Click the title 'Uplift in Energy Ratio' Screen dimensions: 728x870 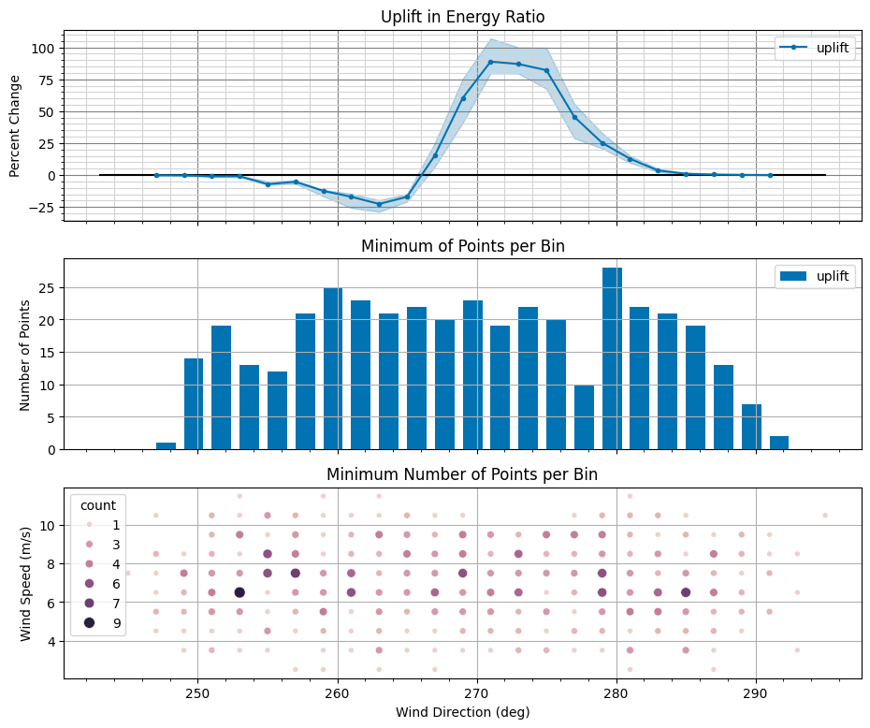tap(462, 17)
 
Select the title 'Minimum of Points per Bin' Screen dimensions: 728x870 tap(462, 246)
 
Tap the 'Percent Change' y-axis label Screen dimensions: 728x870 tap(15, 126)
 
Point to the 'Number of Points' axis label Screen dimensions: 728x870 tap(25, 356)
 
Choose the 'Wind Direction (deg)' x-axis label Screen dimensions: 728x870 tap(462, 712)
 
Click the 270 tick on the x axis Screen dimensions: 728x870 tap(477, 694)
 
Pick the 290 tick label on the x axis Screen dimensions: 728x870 tap(756, 694)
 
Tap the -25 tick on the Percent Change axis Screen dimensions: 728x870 tap(43, 208)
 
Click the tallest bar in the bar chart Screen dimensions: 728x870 tap(612, 358)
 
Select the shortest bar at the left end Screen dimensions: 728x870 tap(166, 445)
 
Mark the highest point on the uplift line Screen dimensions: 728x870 tap(490, 62)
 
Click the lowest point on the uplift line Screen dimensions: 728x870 tap(379, 204)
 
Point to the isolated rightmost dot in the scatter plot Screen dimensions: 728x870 tap(825, 515)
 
